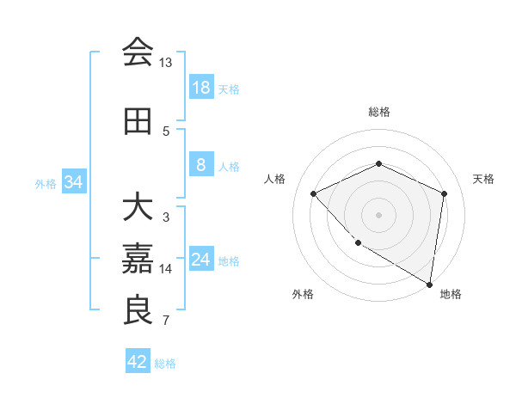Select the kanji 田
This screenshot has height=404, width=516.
138,121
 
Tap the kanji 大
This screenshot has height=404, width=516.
138,207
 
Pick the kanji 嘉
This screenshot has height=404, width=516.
138,259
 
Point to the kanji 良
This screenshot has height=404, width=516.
138,310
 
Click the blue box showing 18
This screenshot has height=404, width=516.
200,88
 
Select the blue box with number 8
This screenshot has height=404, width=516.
200,165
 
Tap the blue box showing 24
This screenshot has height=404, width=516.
200,260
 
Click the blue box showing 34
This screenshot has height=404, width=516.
74,182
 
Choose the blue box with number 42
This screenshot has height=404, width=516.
137,362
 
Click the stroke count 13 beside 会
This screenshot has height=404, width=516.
166,63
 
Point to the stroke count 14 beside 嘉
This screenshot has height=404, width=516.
166,269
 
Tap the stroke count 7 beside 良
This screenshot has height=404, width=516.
166,321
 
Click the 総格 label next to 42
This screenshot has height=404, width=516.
166,364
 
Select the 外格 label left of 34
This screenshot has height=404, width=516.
46,183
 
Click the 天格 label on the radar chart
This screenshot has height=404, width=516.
484,179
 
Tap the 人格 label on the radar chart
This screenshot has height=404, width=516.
275,179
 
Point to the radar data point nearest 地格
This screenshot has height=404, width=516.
429,284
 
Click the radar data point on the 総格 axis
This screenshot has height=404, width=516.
378,163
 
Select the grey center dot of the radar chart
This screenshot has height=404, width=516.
378,215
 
